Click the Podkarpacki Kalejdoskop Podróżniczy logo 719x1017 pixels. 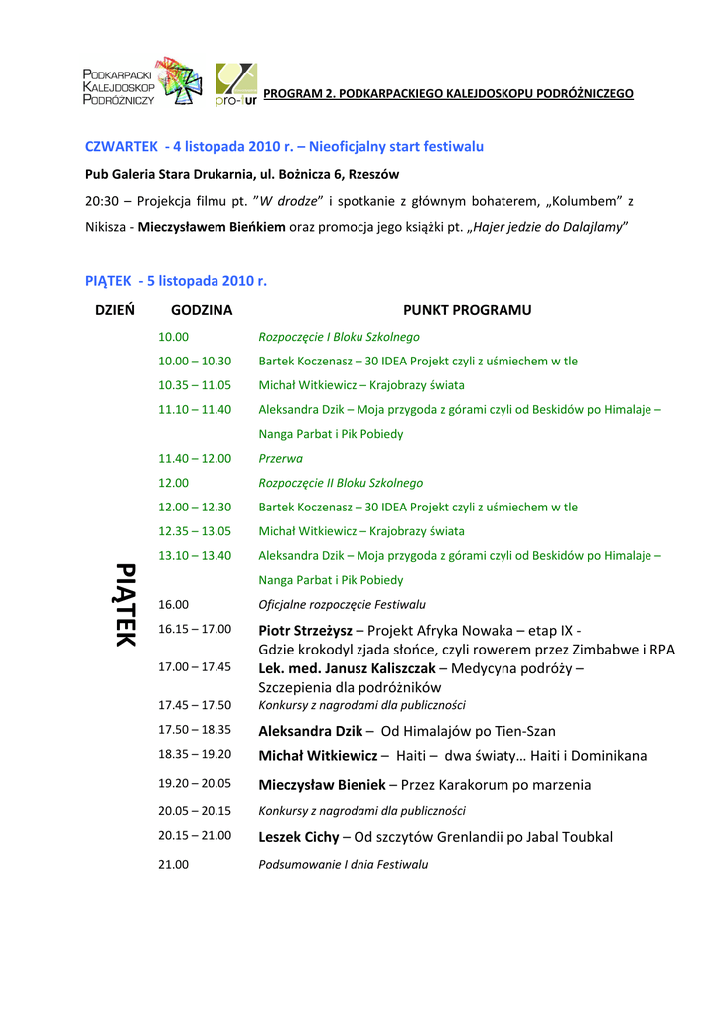point(142,81)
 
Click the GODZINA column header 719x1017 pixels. point(202,310)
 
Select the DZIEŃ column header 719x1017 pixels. point(115,310)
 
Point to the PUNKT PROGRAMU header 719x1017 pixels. point(467,310)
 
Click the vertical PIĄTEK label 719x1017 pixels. point(125,604)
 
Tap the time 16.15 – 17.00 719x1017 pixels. point(195,629)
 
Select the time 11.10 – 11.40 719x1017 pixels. point(195,409)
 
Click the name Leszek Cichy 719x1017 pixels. point(299,837)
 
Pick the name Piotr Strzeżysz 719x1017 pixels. point(305,630)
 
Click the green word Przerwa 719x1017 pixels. point(281,459)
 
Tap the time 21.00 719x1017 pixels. point(173,865)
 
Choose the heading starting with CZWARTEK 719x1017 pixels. point(284,146)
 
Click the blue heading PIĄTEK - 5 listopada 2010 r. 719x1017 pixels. point(177,281)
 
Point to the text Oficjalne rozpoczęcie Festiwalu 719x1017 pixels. point(342,604)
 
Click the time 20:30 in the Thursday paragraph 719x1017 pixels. point(102,201)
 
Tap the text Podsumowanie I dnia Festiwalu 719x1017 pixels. point(344,865)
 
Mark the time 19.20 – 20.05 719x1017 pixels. point(195,783)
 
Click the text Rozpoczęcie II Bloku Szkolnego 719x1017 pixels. point(341,483)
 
